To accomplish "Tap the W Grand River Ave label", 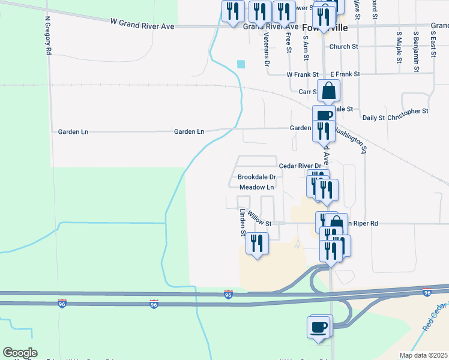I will point(142,22).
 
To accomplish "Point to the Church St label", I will point(343,46).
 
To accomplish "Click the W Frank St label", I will point(302,74).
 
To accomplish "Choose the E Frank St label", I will point(345,74).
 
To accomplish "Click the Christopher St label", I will point(408,111).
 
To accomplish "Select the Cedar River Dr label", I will point(300,165).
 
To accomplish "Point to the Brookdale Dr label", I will point(256,177).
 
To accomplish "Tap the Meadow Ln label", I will point(256,187).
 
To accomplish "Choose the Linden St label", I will point(243,221).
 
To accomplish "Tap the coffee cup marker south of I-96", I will point(319,328).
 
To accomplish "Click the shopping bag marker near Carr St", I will point(329,91).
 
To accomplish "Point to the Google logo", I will point(20,352).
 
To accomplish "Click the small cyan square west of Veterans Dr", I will point(241,64).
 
